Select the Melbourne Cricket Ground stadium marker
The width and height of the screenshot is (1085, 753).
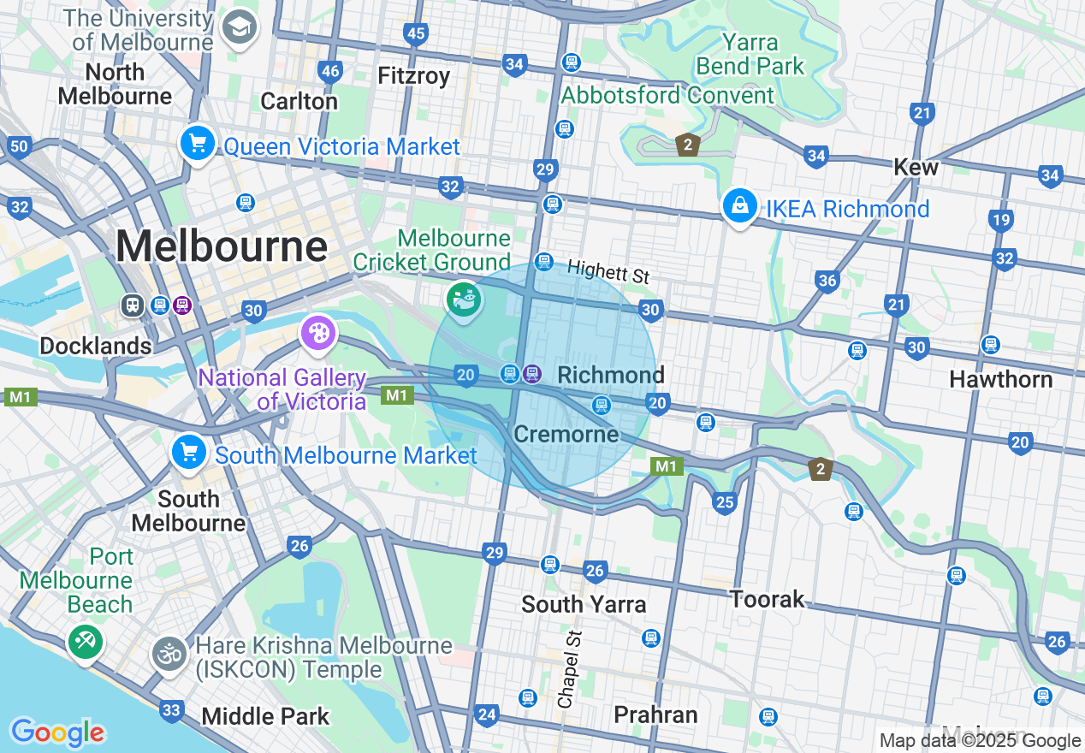(463, 299)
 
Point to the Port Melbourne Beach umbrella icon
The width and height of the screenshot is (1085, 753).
(84, 640)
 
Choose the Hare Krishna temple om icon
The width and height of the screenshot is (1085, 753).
(169, 654)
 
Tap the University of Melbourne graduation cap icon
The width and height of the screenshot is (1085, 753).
(239, 28)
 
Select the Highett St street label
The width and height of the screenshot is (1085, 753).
(608, 272)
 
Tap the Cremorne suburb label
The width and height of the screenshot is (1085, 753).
(566, 434)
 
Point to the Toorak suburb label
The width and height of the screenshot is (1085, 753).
(767, 599)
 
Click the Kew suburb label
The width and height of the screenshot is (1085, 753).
(916, 167)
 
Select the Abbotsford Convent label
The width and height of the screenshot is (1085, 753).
(667, 95)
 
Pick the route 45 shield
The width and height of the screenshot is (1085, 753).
(416, 33)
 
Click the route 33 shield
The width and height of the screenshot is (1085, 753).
(172, 709)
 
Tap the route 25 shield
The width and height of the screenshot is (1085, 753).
(724, 501)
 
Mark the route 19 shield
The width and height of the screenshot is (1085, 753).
(1000, 221)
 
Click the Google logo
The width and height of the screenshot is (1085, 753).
(57, 732)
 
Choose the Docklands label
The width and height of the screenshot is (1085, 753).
(96, 346)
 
